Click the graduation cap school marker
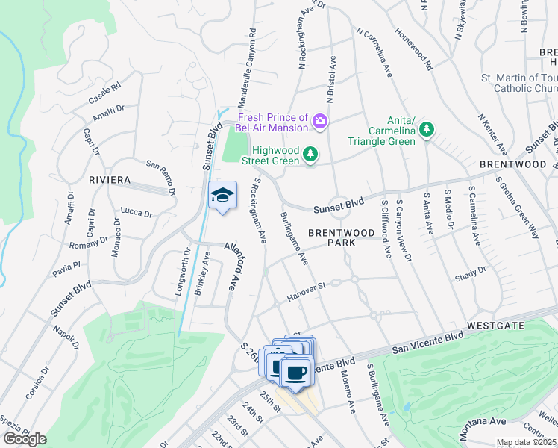(222, 196)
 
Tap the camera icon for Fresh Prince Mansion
(321, 121)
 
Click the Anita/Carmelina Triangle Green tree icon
(427, 130)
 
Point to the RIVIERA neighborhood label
(110, 181)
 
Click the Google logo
(25, 439)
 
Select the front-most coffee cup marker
(296, 374)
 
